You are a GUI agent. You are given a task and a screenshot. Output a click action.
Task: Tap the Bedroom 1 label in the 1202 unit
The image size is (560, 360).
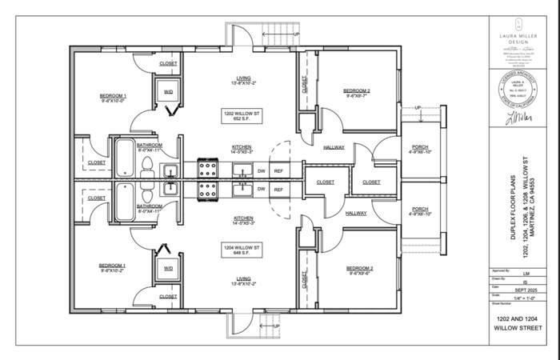[114, 98]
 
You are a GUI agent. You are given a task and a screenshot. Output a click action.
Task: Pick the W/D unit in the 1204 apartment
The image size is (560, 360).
[169, 269]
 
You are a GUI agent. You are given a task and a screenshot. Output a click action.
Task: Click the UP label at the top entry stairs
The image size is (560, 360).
[297, 34]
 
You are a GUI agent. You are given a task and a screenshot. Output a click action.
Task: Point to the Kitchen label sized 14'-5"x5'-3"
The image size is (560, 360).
[243, 220]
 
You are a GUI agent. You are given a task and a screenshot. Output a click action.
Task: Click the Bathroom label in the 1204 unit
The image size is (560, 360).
[150, 208]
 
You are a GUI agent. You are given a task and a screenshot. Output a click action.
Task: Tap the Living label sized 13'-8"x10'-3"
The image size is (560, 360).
[243, 281]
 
